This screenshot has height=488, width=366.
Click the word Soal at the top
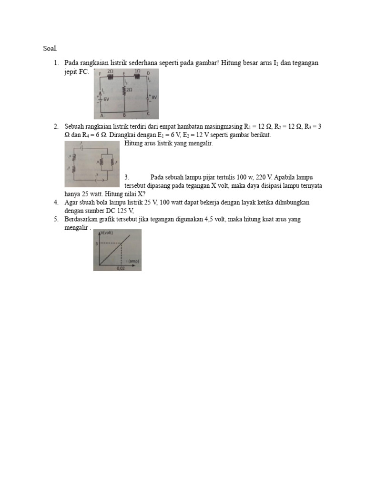click(50, 48)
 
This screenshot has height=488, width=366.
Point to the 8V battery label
click(153, 97)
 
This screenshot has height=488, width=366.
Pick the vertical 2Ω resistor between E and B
click(124, 89)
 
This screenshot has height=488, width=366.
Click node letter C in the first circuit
click(148, 114)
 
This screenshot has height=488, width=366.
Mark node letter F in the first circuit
click(100, 74)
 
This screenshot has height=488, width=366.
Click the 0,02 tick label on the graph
click(121, 268)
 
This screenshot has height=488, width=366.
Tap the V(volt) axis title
click(108, 233)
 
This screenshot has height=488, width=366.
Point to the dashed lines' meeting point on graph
click(121, 244)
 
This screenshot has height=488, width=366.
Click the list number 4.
click(56, 203)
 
